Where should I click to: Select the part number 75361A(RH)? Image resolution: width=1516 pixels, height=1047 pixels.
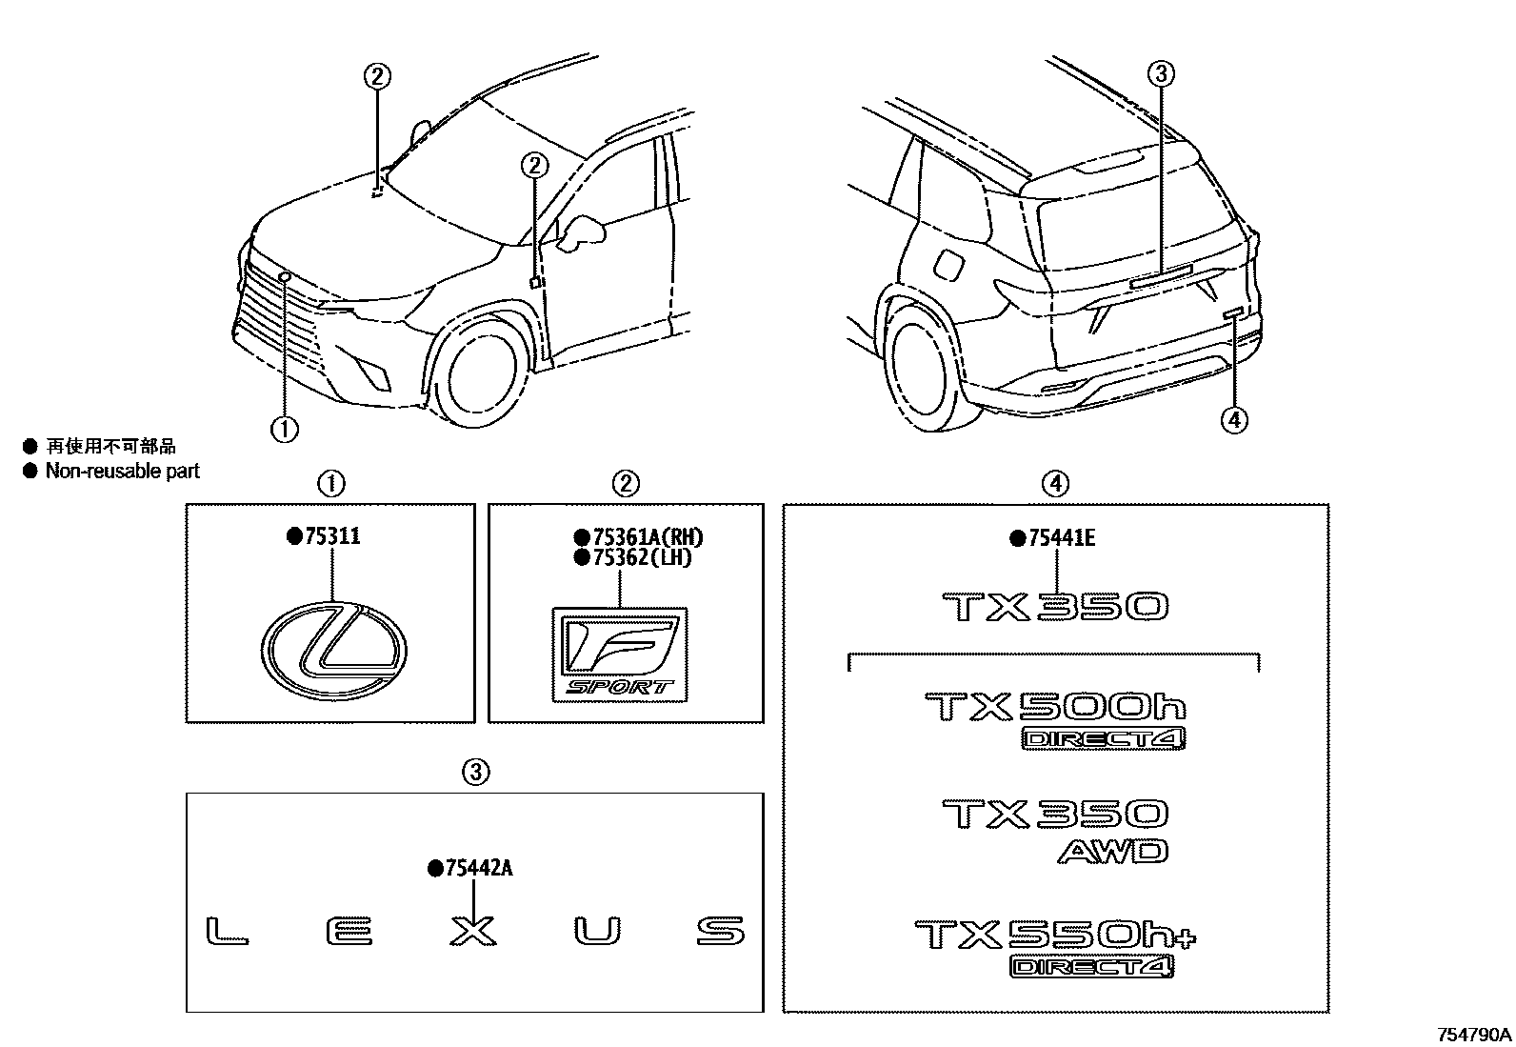(645, 537)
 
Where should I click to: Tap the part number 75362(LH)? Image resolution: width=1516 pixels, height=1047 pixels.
(640, 557)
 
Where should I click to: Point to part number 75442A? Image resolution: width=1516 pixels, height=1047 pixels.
(476, 868)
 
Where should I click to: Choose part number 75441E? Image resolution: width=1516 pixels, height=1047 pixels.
(1061, 538)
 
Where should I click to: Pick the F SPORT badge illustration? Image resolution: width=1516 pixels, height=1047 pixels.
(619, 654)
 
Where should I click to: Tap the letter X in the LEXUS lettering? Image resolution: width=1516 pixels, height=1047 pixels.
(473, 931)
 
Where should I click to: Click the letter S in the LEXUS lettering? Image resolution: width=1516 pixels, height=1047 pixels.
(721, 931)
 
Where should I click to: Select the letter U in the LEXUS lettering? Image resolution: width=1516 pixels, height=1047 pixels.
(598, 931)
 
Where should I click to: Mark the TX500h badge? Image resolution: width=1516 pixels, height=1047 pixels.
(1055, 707)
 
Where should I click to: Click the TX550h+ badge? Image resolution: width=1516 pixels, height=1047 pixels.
(1054, 935)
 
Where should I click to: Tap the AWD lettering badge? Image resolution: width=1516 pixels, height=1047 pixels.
(1112, 851)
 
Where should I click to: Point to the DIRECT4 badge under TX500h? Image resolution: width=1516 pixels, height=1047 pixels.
(1105, 738)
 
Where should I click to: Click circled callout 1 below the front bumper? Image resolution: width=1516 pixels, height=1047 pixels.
(284, 430)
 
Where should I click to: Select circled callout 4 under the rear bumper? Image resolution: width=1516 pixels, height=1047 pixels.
(1233, 419)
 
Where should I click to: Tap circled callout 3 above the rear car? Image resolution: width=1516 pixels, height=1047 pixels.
(1162, 73)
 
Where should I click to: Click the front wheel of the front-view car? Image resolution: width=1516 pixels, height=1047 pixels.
(484, 374)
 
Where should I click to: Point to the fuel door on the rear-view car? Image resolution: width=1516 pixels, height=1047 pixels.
(948, 266)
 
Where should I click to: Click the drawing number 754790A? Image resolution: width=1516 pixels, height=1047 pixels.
(1474, 1034)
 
